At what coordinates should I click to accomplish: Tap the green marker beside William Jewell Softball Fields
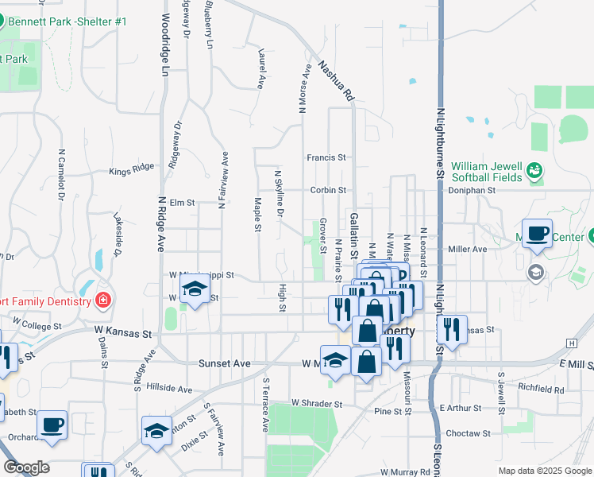[x=534, y=170]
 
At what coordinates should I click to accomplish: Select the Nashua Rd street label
[x=335, y=81]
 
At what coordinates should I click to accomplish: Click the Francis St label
[x=327, y=157]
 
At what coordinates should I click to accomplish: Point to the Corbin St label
[x=328, y=190]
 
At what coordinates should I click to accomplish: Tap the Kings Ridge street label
[x=132, y=170]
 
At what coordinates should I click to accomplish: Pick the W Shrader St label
[x=316, y=404]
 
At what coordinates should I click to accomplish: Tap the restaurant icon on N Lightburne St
[x=452, y=328]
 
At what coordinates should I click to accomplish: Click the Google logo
[x=26, y=467]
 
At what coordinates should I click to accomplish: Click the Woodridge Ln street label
[x=165, y=45]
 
